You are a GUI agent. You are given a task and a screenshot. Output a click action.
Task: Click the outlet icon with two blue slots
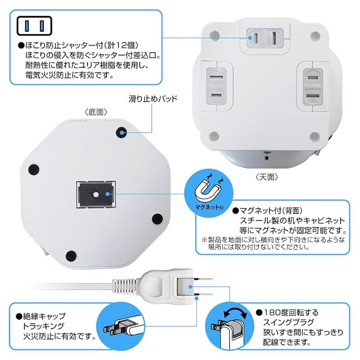click(x=34, y=26)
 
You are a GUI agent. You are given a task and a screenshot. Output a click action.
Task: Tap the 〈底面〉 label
click(x=96, y=112)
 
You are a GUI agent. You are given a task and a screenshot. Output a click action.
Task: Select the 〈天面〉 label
click(x=266, y=177)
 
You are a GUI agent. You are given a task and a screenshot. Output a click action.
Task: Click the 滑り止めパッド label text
click(x=153, y=99)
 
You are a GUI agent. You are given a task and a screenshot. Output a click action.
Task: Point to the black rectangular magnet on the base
click(x=96, y=194)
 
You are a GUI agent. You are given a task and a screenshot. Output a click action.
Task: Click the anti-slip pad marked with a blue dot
click(x=121, y=132)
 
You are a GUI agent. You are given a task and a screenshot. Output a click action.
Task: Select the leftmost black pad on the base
click(x=33, y=170)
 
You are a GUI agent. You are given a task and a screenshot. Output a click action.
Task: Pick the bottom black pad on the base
click(x=71, y=256)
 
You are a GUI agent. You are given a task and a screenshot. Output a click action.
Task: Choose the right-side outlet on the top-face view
click(x=313, y=86)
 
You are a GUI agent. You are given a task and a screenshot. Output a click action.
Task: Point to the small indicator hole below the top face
click(x=266, y=158)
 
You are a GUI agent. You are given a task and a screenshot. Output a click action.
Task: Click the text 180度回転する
click(x=287, y=312)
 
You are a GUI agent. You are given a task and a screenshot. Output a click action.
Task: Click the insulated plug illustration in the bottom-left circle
click(x=121, y=326)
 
